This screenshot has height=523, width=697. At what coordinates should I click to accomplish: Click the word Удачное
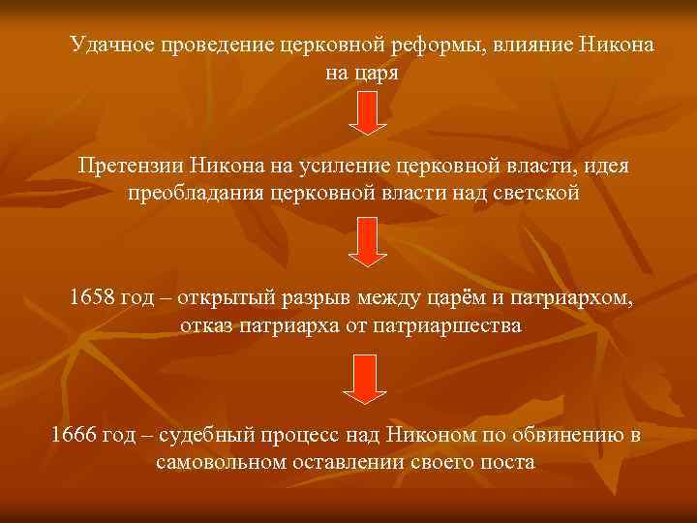[110, 46]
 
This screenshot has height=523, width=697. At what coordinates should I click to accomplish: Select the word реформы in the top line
[442, 46]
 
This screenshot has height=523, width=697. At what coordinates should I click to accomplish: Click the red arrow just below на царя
[366, 113]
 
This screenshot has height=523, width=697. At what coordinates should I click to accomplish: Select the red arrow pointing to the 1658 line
[366, 243]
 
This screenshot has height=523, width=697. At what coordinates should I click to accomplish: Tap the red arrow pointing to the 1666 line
[366, 379]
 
